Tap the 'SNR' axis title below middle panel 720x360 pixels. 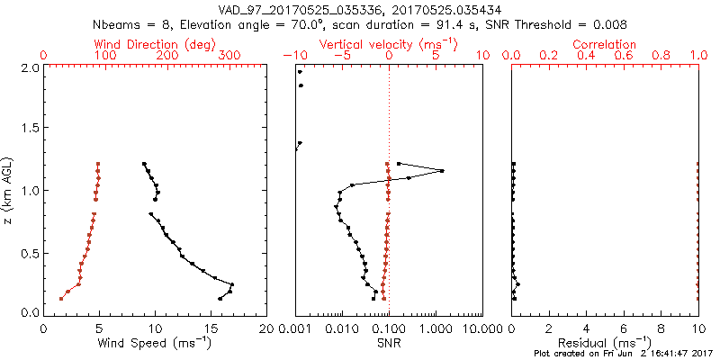[x=389, y=343]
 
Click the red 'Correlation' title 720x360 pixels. [x=606, y=44]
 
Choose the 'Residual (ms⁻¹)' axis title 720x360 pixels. [x=606, y=343]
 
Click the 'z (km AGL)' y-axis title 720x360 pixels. [x=9, y=190]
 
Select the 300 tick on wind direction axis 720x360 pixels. [x=230, y=56]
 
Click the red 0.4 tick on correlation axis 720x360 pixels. [x=587, y=56]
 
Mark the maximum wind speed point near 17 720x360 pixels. [x=232, y=285]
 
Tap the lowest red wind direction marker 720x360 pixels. [x=61, y=298]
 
